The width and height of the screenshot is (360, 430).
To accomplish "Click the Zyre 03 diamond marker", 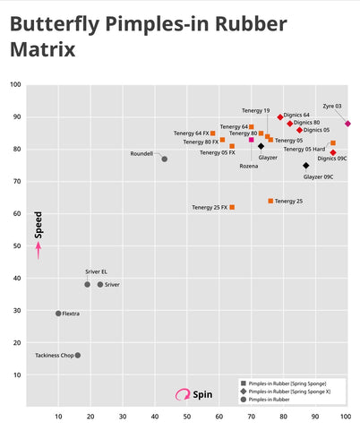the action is point(347,124).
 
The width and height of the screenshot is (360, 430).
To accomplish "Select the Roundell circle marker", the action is point(165,159).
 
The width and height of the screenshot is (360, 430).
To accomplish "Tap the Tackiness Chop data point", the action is point(78,356).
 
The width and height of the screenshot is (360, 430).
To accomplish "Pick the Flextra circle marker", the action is point(58,314).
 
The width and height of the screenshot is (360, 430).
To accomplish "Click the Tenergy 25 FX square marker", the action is point(232,207).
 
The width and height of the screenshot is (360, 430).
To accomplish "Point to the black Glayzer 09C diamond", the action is point(306,166).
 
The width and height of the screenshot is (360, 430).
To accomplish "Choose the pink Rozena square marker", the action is point(252,140).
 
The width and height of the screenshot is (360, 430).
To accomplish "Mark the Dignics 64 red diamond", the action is point(280,117).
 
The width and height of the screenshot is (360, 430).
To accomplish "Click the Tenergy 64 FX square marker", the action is point(213,133).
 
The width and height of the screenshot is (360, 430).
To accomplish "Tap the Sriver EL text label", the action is point(96,271).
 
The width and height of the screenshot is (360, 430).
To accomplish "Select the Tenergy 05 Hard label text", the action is point(304,149).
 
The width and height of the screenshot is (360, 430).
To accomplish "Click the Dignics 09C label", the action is point(332,159).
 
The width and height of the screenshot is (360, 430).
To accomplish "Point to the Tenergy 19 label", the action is point(255,111).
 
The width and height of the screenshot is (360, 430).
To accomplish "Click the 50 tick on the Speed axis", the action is point(17,245).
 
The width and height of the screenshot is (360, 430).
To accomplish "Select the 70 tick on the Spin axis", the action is point(252,417).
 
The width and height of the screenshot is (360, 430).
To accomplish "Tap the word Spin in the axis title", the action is point(202,394).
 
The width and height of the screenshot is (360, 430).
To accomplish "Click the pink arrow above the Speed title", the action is point(39,250).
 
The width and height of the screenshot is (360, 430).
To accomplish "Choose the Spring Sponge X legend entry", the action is point(286,391).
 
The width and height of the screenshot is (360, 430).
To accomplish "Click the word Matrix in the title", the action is point(43,49).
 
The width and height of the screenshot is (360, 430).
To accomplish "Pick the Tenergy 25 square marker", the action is point(270,201).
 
